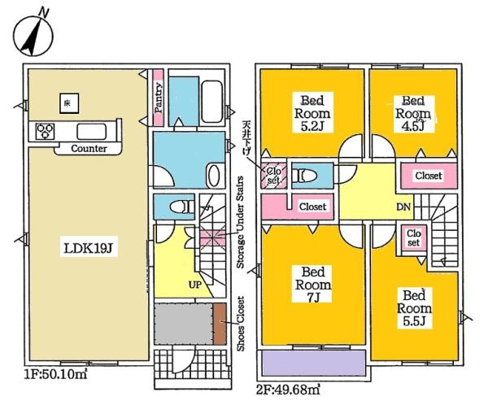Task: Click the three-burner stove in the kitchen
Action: coord(44,132)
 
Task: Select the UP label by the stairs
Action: coord(196,285)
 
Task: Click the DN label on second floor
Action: coord(403,207)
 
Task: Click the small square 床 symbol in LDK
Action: coord(65,103)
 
